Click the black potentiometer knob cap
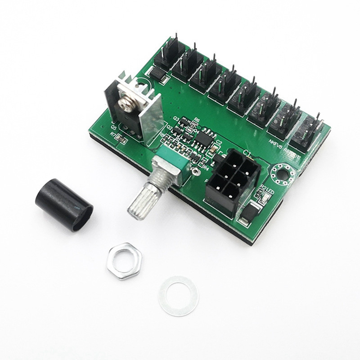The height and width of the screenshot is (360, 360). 63,204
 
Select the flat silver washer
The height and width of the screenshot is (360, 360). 178,296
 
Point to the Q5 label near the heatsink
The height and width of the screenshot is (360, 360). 114,127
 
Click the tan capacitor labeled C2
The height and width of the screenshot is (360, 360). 216,149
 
